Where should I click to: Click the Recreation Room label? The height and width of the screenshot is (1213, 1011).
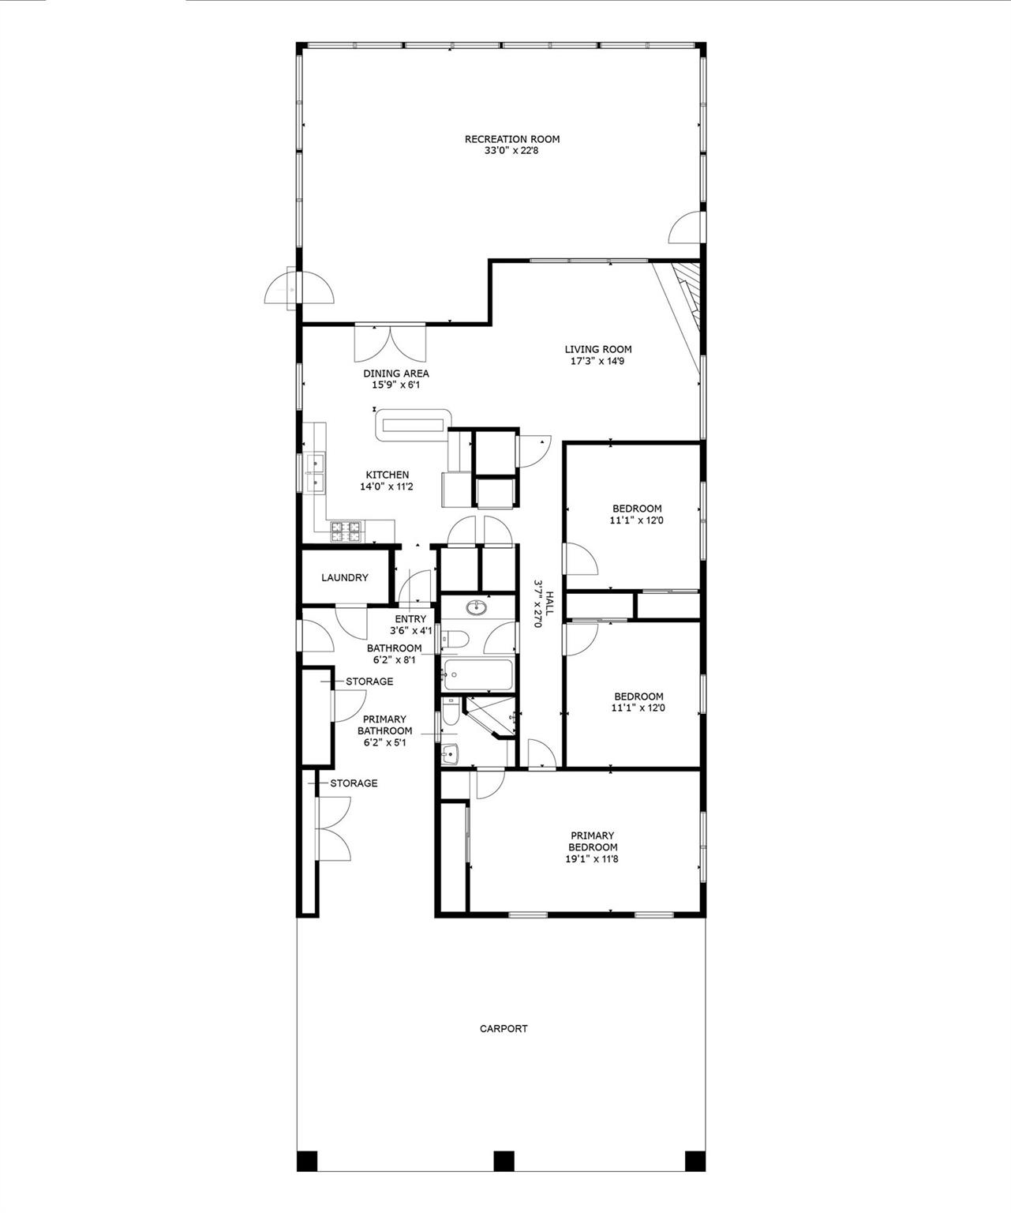click(x=511, y=139)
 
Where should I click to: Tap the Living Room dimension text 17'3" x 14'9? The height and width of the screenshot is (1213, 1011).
click(x=597, y=362)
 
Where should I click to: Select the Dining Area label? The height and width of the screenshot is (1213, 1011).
click(x=396, y=374)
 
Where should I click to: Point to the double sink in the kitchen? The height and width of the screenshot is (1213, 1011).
click(x=314, y=471)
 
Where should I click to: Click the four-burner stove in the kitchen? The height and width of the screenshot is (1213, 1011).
click(x=346, y=531)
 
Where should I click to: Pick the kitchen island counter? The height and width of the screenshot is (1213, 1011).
click(x=412, y=424)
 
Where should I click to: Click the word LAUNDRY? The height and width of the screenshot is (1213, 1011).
click(x=345, y=578)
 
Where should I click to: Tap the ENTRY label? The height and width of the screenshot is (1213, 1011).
click(x=410, y=619)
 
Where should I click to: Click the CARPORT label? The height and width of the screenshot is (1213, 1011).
click(x=504, y=1028)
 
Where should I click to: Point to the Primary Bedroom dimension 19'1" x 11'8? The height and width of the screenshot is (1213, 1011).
click(x=592, y=859)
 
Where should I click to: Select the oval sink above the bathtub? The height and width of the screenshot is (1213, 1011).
click(x=476, y=607)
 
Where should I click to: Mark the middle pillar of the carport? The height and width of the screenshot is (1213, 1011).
click(x=504, y=1161)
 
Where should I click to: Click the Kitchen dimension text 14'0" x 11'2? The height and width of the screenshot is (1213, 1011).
click(x=387, y=487)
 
